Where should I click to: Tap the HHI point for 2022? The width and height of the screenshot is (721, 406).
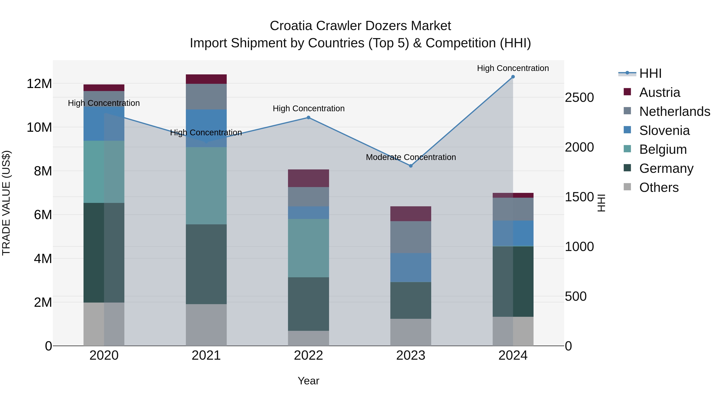[308, 118]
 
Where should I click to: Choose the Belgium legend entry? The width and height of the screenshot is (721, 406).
[663, 149]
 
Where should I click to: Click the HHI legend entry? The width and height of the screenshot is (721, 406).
[650, 73]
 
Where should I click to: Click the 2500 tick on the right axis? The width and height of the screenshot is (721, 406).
[579, 97]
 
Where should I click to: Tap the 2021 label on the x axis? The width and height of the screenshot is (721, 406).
[206, 355]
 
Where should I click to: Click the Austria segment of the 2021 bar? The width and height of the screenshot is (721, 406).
[206, 79]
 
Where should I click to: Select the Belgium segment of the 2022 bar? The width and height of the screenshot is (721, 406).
[308, 248]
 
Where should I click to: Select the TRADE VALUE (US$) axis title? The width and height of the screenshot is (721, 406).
[6, 203]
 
